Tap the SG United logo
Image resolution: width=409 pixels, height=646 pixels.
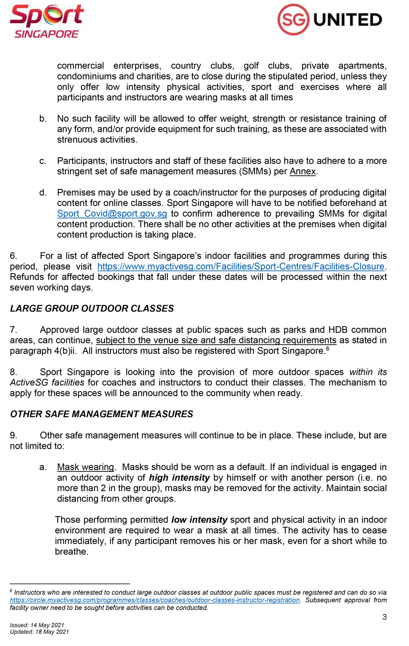click(329, 20)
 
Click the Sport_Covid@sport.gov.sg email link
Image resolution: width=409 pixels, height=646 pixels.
click(112, 214)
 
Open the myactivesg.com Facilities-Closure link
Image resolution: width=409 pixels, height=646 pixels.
click(241, 266)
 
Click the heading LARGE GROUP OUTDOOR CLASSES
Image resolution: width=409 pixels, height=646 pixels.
click(92, 309)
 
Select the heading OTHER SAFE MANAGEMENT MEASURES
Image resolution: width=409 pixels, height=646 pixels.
click(101, 414)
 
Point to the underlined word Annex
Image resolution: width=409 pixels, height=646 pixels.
click(302, 171)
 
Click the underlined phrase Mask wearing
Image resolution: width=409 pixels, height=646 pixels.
click(86, 467)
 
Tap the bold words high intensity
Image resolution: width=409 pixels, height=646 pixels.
click(179, 477)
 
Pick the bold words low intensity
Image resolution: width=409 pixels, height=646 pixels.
click(199, 520)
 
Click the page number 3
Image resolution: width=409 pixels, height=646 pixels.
click(384, 617)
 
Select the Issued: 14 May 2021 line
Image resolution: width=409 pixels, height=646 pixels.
click(37, 625)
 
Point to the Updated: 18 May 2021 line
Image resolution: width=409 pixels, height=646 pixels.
click(39, 632)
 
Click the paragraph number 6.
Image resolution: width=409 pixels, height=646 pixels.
click(13, 256)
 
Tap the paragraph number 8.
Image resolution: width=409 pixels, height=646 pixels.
click(13, 372)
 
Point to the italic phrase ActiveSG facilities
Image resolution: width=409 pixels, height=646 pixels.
click(47, 383)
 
